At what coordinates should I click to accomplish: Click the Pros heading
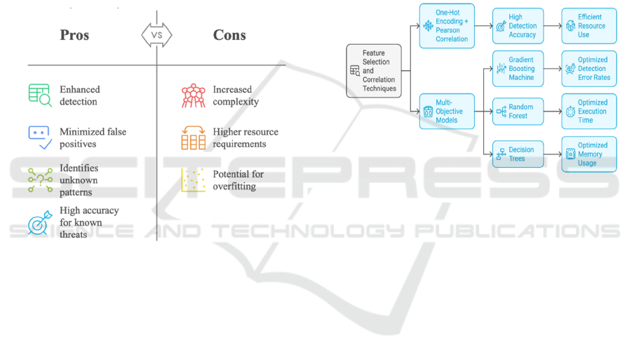tap(74, 36)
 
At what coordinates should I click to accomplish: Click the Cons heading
tap(229, 36)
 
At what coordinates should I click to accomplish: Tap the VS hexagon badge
tap(156, 35)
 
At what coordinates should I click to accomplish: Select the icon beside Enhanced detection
tap(39, 95)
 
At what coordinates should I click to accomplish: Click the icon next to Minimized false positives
tap(39, 138)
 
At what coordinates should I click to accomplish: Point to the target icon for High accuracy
tap(39, 222)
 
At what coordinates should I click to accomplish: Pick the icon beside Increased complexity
tap(193, 95)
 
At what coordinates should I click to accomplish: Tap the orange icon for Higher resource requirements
tap(193, 138)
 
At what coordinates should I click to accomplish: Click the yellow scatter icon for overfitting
tap(193, 180)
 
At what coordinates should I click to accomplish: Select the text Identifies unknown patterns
tap(79, 180)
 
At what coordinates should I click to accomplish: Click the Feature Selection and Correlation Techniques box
tap(375, 70)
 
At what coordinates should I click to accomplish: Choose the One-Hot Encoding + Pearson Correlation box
tap(447, 27)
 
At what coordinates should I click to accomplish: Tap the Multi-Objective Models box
tap(447, 112)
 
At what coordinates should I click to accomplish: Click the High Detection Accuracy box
tap(518, 27)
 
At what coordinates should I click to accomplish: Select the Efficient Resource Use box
tap(589, 27)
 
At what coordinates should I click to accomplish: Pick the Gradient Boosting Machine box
tap(518, 69)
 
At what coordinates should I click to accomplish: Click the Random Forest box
tap(518, 112)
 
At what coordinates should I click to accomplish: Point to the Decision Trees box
tap(518, 154)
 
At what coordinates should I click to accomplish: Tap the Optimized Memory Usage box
tap(589, 154)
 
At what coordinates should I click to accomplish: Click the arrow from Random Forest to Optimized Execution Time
tap(553, 112)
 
